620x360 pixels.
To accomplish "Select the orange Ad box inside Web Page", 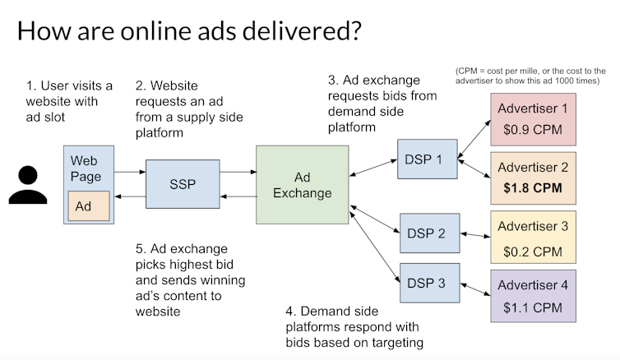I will tap(83, 206).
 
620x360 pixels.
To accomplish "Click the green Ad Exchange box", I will tap(302, 185).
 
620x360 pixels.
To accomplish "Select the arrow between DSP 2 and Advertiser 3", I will tap(473, 235).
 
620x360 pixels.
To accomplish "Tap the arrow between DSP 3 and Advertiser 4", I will tap(473, 286).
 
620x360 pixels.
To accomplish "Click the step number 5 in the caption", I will tap(140, 249).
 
